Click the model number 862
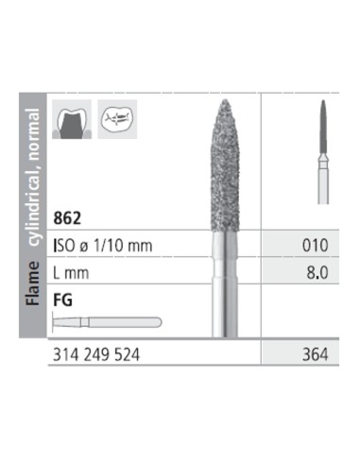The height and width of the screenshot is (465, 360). pos(67,217)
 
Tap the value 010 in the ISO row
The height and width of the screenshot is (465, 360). pos(315,246)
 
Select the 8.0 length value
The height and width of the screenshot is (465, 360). pos(317,272)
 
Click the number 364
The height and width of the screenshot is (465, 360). pos(315,354)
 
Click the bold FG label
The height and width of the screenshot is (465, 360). pos(62,300)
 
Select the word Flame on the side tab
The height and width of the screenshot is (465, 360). pos(33,284)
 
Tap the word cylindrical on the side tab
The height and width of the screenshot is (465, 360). pos(33,204)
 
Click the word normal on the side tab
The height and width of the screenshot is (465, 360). pos(33,133)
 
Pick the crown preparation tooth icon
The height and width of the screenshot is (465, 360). pos(72,119)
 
